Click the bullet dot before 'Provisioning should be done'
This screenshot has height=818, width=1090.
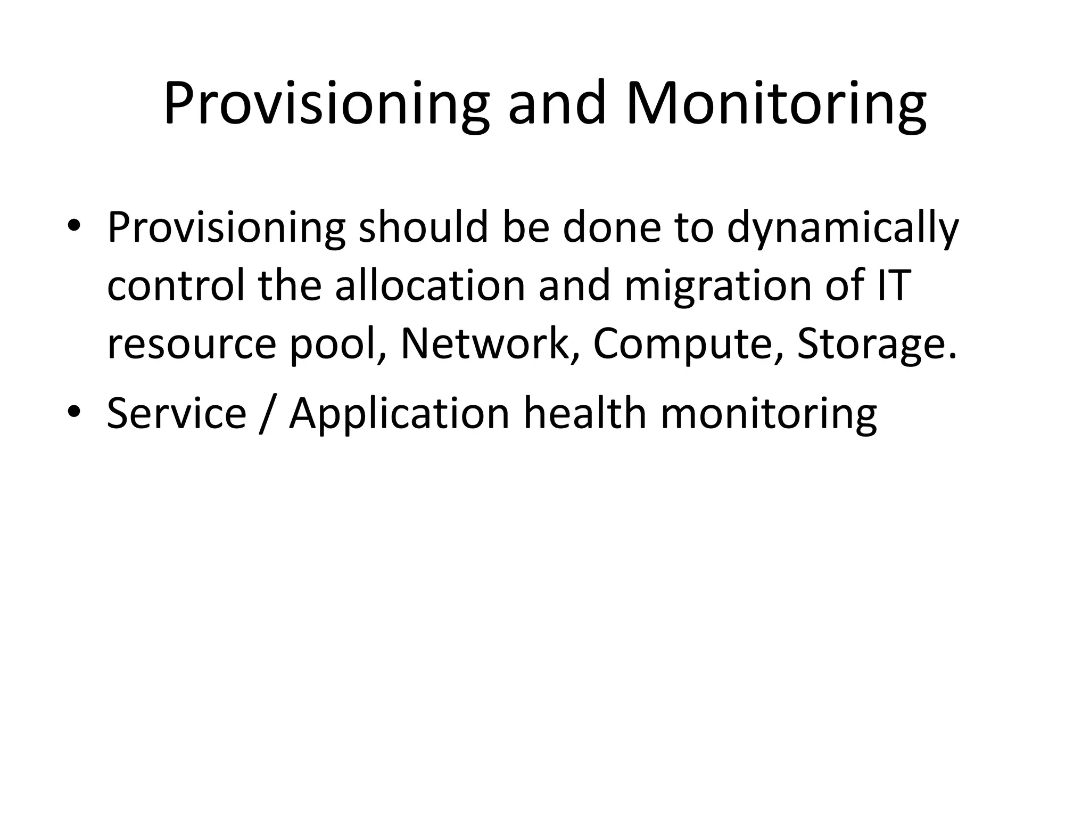pos(74,226)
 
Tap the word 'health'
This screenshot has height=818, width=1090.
pos(585,413)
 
